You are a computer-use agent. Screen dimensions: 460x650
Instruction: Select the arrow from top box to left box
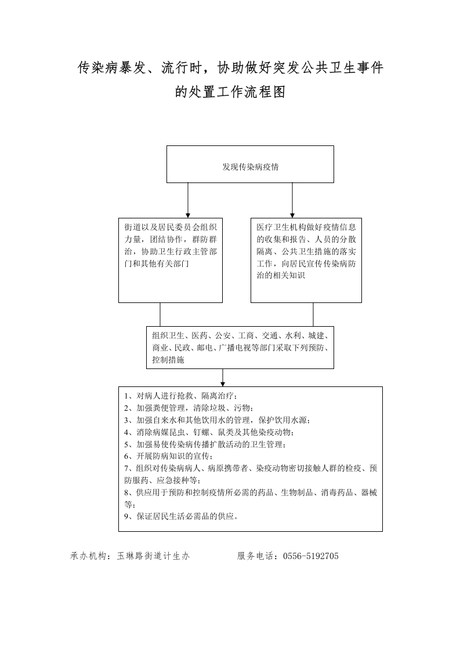[188, 200]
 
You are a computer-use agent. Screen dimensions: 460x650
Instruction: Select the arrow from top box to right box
[292, 200]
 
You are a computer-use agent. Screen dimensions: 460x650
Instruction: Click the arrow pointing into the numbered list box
[223, 378]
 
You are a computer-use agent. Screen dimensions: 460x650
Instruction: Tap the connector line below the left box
[160, 314]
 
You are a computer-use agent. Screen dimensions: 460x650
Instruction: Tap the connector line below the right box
[313, 314]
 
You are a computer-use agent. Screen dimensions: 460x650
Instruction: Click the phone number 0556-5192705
[310, 556]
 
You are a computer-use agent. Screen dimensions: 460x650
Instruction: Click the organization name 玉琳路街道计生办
[153, 556]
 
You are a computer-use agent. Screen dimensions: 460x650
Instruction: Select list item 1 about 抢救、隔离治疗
[181, 396]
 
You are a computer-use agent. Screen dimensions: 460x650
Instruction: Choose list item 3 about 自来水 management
[217, 420]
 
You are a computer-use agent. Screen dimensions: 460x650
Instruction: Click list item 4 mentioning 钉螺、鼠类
[209, 432]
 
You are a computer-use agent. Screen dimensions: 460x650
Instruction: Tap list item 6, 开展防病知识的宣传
[169, 457]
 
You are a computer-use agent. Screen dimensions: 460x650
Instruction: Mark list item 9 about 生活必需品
[181, 517]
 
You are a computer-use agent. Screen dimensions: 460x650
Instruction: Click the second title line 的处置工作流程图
[230, 92]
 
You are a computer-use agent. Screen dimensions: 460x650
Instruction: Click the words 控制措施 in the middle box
[168, 360]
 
